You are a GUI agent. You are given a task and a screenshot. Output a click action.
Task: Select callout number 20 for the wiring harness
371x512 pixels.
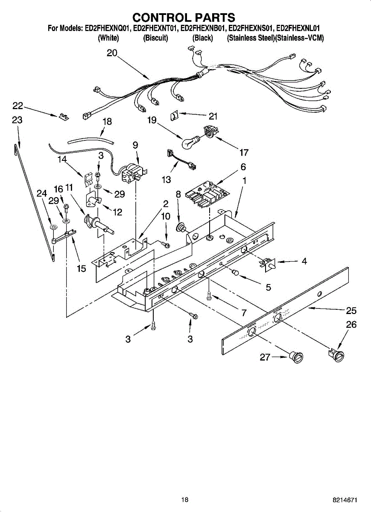112,53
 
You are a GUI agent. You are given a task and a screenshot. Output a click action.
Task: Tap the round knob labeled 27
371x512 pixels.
296,357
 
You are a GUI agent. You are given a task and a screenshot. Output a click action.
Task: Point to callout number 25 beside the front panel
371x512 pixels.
351,311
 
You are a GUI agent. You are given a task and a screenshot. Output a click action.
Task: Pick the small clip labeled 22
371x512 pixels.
64,116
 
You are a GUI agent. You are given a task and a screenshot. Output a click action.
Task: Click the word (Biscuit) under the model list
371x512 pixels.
155,38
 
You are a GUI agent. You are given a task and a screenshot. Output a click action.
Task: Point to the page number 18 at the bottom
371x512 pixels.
184,500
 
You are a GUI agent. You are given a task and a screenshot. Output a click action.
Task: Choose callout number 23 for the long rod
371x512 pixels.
17,121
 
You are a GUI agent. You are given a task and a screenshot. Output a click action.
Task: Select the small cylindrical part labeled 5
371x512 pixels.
235,273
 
